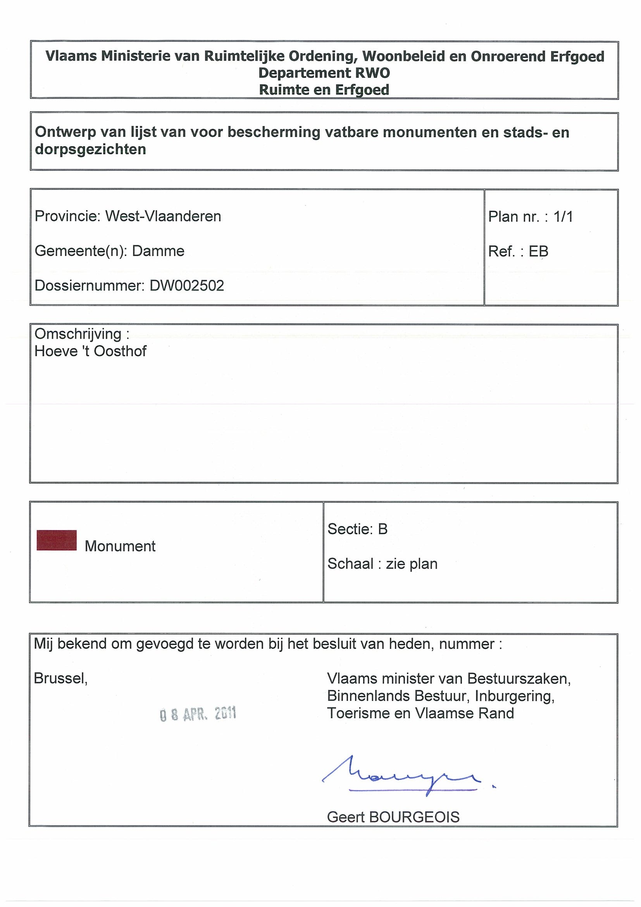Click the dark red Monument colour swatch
click(57, 540)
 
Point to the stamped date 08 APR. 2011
click(198, 714)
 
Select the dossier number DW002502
click(187, 286)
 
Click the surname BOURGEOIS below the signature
click(414, 817)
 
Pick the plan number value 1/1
click(563, 217)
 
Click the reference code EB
click(538, 251)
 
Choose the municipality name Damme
click(158, 251)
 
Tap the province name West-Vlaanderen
click(163, 217)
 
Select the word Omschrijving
click(78, 334)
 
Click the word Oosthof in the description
click(120, 351)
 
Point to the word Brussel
click(60, 678)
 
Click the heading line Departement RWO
click(324, 73)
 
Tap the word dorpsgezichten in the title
click(90, 150)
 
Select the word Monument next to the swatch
click(120, 547)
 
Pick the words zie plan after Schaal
click(412, 564)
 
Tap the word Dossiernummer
click(89, 286)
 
